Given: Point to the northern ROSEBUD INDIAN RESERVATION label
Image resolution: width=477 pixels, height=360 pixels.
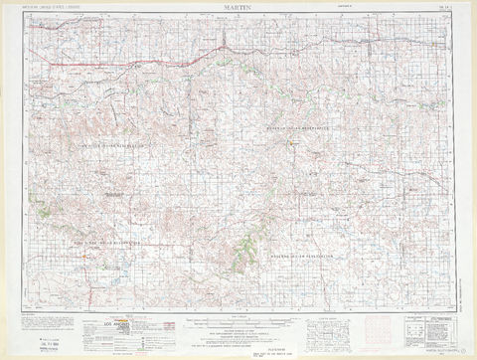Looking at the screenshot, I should point(299,129).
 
